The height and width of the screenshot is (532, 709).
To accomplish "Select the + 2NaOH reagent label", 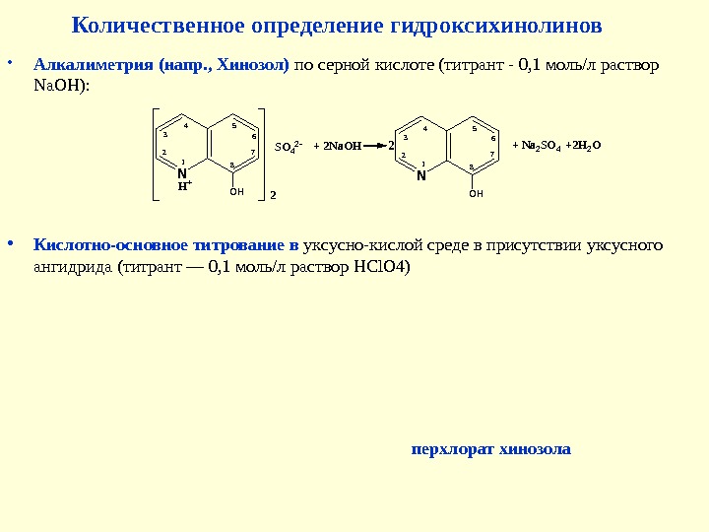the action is click(335, 146).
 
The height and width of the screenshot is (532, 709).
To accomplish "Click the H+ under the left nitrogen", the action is click(183, 183).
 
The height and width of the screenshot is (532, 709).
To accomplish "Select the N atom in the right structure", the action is click(421, 177).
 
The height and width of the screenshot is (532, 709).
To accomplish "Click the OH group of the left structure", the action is click(235, 192).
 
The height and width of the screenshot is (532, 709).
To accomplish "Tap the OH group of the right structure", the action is click(476, 194).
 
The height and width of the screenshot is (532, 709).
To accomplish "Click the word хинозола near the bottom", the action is click(537, 449).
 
